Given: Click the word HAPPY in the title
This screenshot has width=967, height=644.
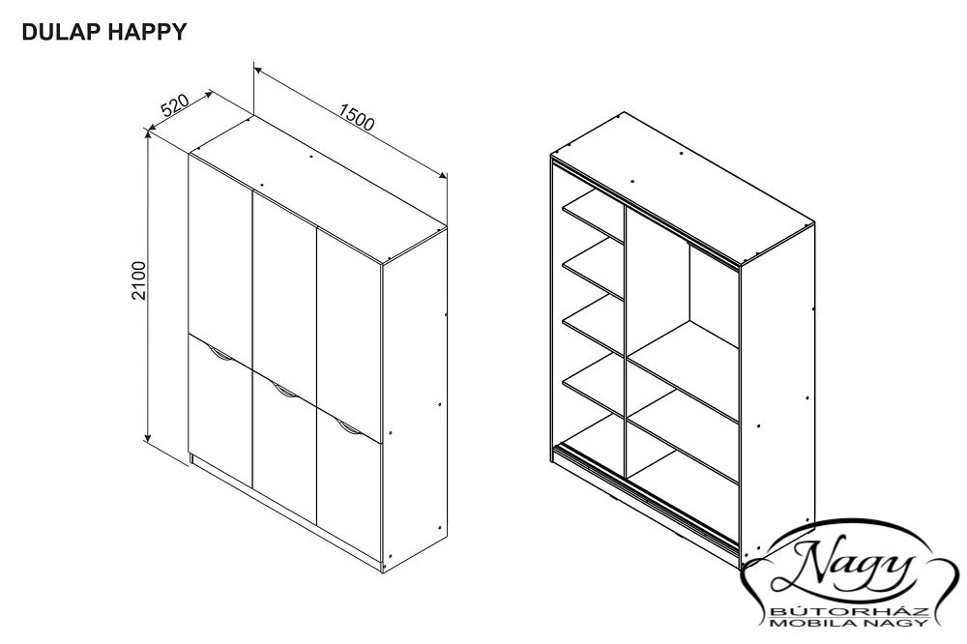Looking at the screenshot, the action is (x=147, y=32).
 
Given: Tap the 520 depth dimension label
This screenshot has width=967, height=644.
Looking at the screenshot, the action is (x=174, y=105).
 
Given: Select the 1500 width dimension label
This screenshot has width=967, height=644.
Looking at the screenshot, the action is (x=357, y=118).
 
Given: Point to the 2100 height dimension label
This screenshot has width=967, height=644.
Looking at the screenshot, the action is (x=139, y=280).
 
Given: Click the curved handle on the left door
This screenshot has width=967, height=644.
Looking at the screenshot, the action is (x=220, y=354).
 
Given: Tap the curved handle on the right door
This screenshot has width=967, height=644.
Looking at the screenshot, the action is (x=350, y=428).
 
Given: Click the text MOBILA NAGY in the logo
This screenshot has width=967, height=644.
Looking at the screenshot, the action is (x=850, y=623).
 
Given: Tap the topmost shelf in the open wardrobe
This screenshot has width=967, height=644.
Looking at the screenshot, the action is (x=593, y=216).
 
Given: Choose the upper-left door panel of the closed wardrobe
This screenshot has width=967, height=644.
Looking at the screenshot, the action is (x=220, y=259).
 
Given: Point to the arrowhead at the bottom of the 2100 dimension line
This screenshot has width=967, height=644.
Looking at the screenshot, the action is (x=148, y=437).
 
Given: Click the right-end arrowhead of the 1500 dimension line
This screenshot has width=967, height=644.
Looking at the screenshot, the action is (x=442, y=175).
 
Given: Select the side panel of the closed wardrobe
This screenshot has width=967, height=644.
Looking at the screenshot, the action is (x=415, y=400).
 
